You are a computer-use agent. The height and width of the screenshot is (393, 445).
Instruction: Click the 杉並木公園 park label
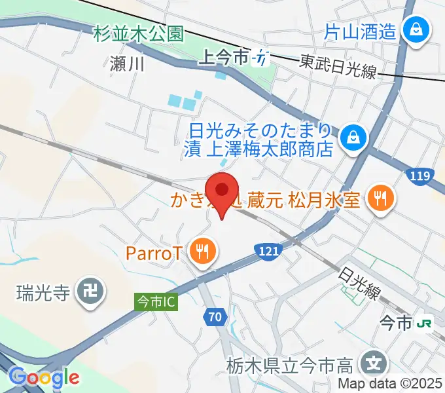[x=138, y=33]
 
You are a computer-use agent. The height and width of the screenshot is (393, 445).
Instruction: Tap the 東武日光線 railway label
[x=338, y=66]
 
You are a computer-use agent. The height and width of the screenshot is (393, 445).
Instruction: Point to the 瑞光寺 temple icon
[x=88, y=291]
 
